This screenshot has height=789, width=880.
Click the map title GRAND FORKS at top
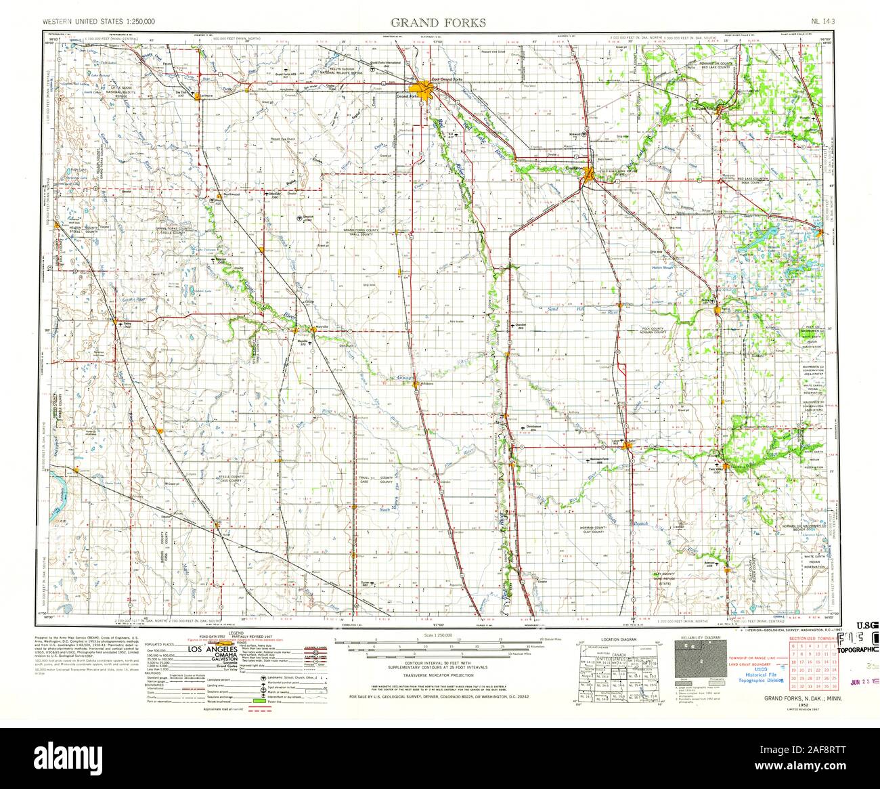[x=439, y=22]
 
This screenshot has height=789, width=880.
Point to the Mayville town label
[x=318, y=326]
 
